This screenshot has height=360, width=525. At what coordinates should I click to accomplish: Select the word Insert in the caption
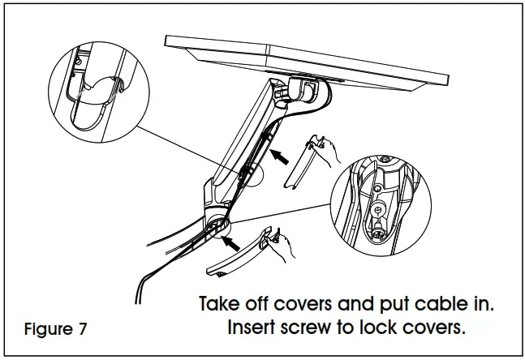(x=250, y=331)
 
